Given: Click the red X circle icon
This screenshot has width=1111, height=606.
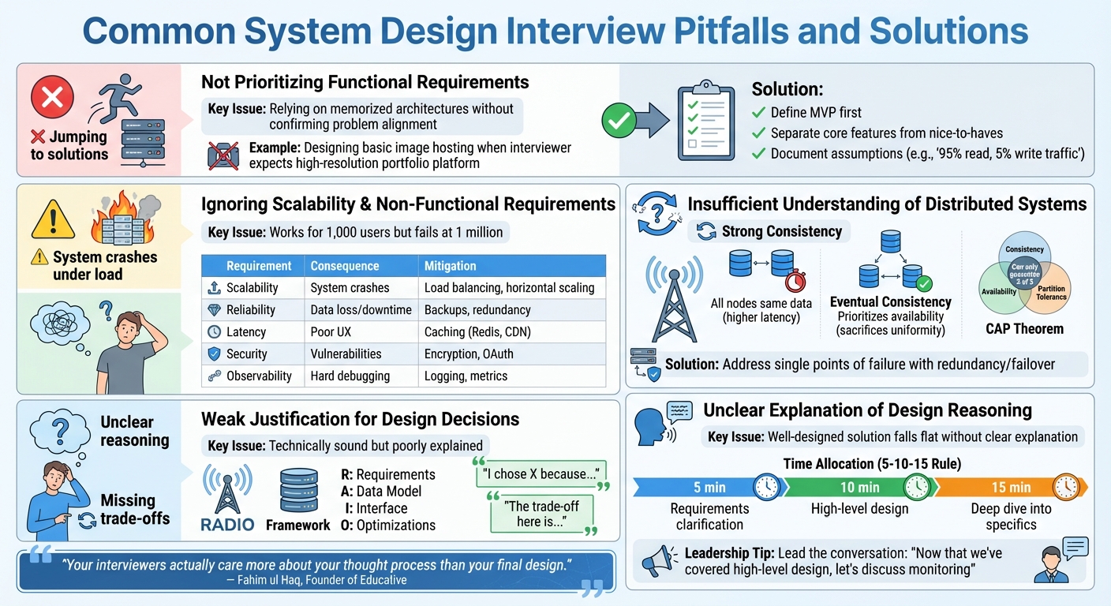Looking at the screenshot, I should click(x=52, y=97).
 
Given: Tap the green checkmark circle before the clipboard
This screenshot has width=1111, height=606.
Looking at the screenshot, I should click(x=620, y=121).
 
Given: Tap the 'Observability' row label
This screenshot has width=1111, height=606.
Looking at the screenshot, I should click(x=258, y=376).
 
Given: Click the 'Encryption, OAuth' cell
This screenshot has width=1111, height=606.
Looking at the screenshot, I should click(x=470, y=354).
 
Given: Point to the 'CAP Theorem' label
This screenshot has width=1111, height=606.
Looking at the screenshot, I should click(x=1023, y=328).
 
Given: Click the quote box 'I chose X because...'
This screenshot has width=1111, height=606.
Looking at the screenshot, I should click(x=541, y=474).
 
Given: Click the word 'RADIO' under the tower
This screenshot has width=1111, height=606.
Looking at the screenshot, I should click(x=227, y=525).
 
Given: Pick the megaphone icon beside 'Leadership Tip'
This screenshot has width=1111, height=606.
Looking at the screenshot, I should click(x=657, y=559).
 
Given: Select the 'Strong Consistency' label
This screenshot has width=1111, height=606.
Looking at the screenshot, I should click(x=771, y=232).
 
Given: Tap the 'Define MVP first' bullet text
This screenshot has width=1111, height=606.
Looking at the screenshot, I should click(x=816, y=112).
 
